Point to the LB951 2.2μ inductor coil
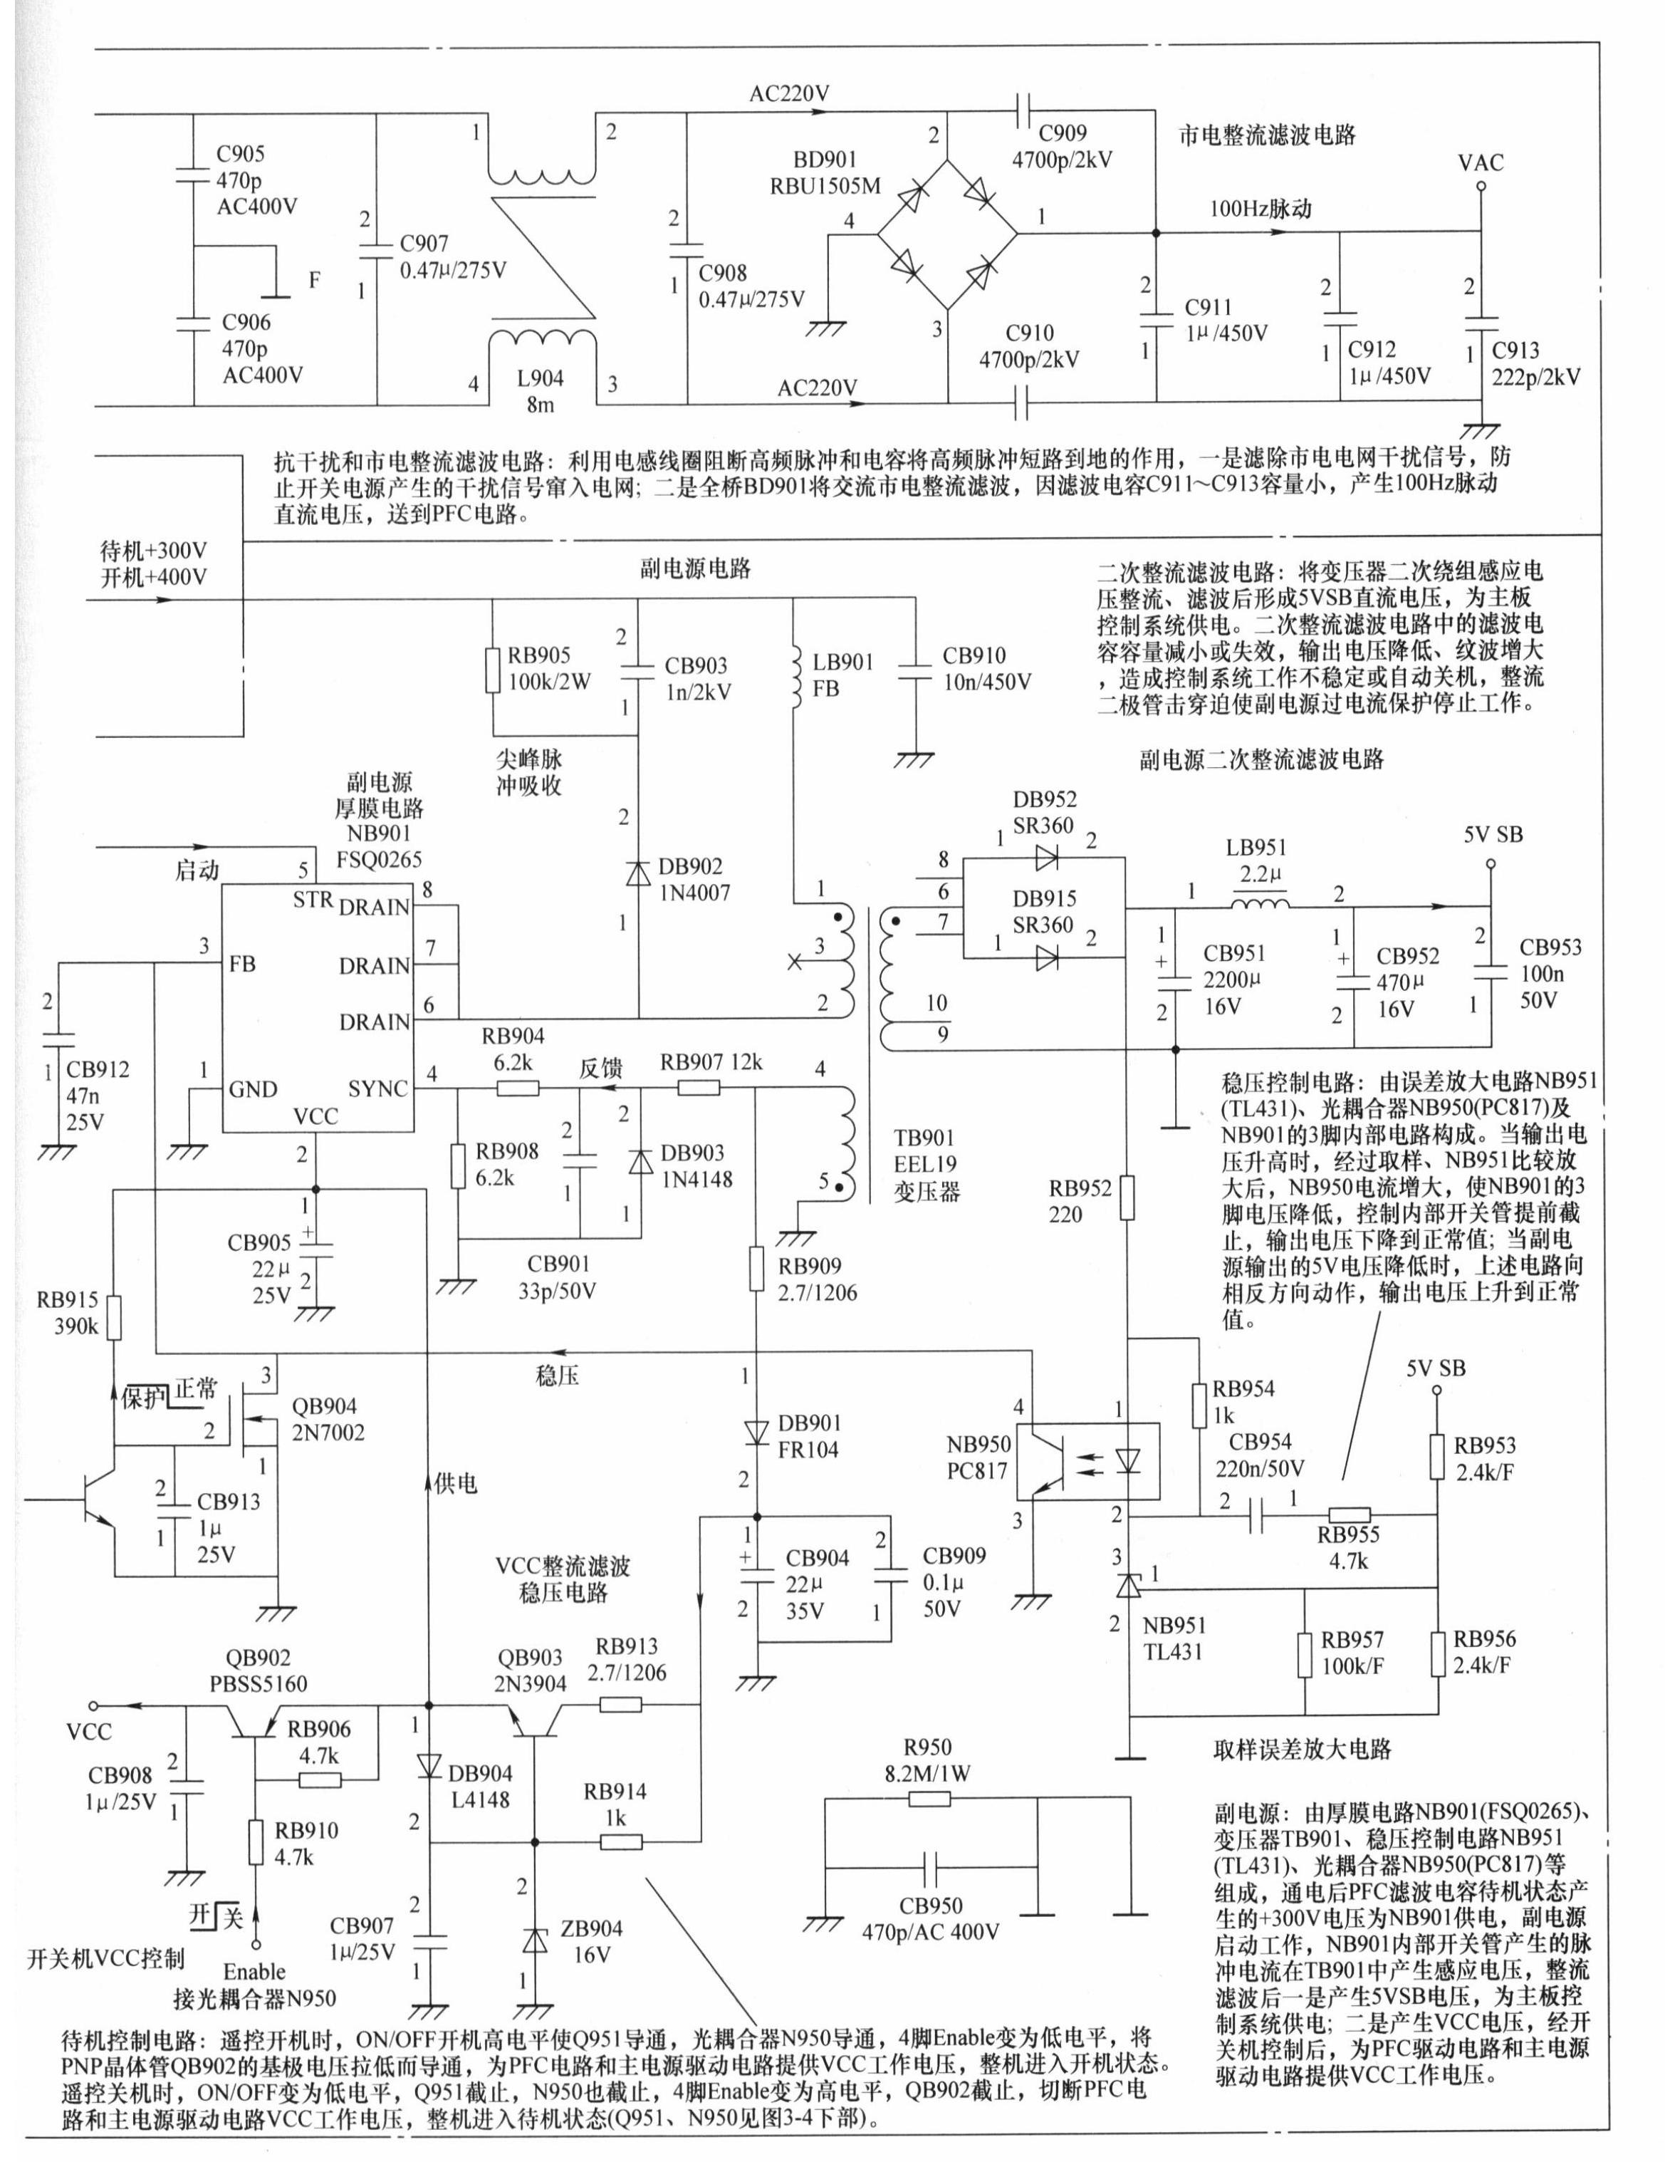1259,903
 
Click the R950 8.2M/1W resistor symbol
929,1799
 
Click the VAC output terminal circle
1482,185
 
